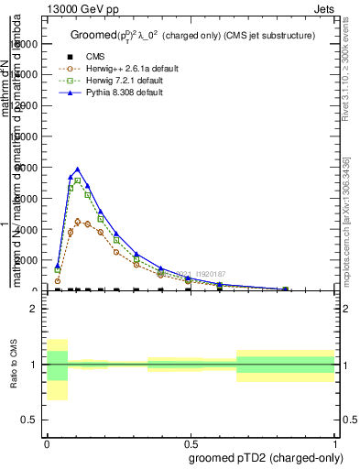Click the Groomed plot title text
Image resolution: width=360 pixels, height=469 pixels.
[x=192, y=35]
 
